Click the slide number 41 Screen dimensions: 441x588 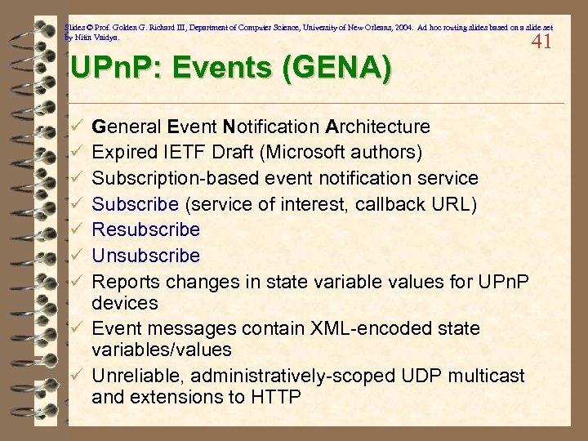point(541,42)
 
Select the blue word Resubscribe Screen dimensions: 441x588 point(146,230)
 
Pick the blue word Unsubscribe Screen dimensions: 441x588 point(146,256)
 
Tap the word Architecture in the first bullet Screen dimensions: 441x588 point(378,127)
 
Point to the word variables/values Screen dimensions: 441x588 point(162,350)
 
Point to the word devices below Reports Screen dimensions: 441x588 point(125,303)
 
